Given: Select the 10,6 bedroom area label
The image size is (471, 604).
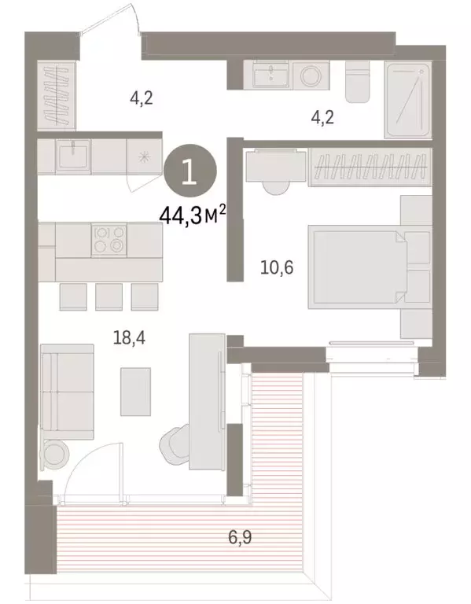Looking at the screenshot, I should coord(277,267).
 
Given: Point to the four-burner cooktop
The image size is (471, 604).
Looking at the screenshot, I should coord(109,238).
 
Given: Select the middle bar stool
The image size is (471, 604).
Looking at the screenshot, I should coord(108,296).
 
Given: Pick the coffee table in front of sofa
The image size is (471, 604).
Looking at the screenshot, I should coord(136,391).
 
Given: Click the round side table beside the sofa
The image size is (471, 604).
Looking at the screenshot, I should coord(57,454).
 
